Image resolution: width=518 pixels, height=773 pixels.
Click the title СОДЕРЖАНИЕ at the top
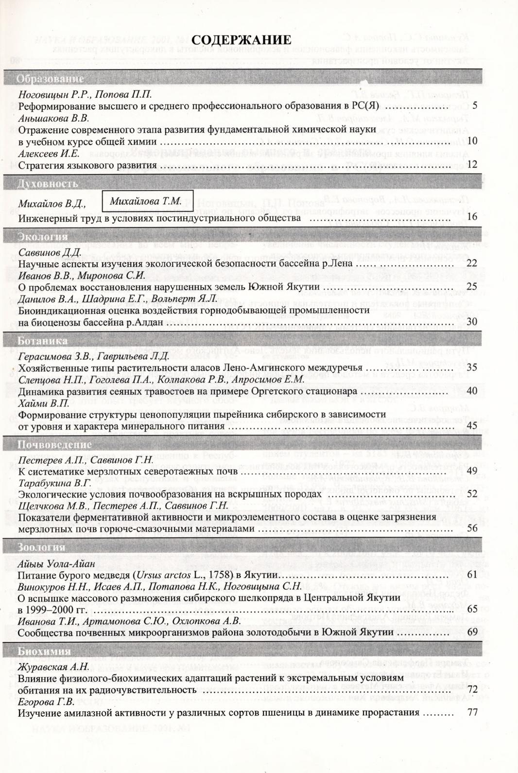[243, 40]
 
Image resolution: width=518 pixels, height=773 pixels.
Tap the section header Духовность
[48, 184]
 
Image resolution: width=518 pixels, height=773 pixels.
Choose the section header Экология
[43, 237]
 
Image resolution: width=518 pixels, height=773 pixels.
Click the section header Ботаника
[43, 341]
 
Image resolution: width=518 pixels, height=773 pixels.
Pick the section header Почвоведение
[54, 444]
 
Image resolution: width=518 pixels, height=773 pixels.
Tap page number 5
[474, 105]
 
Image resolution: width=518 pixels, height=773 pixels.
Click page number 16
[472, 217]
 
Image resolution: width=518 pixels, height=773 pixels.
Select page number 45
[472, 425]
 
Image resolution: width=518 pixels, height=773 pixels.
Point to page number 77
[472, 713]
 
